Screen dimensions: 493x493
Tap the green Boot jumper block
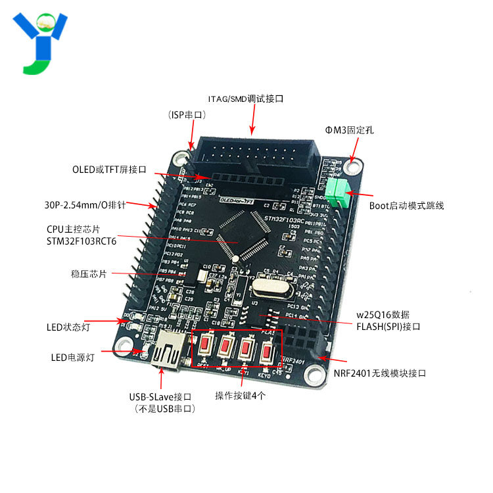click(339, 192)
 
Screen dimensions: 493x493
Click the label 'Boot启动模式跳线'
click(406, 206)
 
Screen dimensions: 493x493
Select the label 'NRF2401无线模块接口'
click(380, 373)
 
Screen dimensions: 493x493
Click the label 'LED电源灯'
click(73, 358)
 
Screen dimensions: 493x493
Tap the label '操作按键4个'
click(241, 396)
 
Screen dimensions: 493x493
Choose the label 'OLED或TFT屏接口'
click(109, 169)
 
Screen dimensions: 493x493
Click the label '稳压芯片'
click(88, 273)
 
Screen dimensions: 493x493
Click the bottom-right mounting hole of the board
click(316, 377)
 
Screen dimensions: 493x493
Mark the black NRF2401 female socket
click(305, 338)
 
